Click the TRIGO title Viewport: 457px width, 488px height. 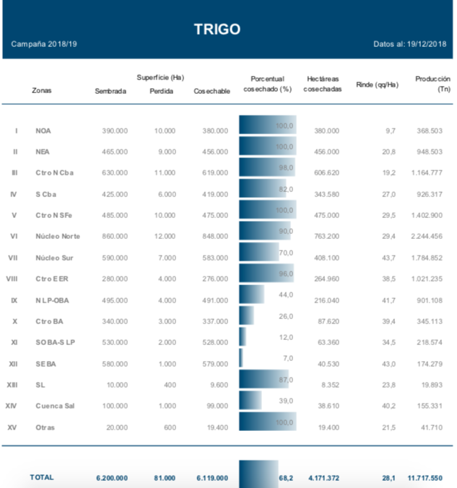tap(217, 29)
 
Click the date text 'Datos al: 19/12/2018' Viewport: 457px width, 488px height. tap(410, 45)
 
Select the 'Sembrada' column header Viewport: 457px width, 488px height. tap(110, 91)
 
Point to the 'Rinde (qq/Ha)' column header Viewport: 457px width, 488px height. tap(377, 84)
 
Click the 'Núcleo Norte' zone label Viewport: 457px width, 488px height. tap(58, 237)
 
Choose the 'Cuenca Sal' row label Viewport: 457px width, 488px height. tap(55, 406)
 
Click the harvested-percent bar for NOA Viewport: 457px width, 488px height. tap(266, 126)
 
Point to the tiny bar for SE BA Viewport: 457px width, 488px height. tap(241, 359)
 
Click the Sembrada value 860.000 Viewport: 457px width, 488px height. tap(113, 237)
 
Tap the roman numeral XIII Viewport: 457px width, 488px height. tap(12, 385)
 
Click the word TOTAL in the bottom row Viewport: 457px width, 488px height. tap(42, 477)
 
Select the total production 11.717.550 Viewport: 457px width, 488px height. tap(423, 478)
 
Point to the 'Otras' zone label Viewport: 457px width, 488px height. tap(45, 428)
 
